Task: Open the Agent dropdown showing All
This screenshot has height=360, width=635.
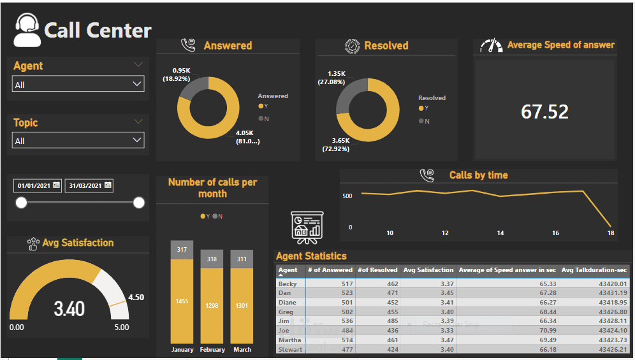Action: click(x=78, y=84)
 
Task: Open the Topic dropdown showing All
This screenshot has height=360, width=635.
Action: click(x=78, y=140)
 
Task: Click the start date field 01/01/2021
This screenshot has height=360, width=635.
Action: click(x=38, y=186)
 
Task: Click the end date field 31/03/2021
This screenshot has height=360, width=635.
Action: click(x=89, y=186)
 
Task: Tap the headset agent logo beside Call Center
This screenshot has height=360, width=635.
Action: click(x=27, y=30)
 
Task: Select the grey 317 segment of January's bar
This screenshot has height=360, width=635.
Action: click(x=182, y=250)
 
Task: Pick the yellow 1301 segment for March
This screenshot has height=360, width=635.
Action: click(x=242, y=306)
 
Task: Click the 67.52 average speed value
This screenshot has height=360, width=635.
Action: click(x=544, y=112)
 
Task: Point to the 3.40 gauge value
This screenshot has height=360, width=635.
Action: click(x=69, y=309)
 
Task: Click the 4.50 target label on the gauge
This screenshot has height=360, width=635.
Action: click(x=136, y=298)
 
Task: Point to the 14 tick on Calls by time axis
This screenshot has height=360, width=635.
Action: click(x=500, y=233)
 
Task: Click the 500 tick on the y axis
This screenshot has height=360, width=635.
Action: click(x=346, y=196)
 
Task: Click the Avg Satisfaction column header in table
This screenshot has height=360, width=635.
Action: click(x=428, y=270)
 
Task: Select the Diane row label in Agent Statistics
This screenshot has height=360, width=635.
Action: click(x=288, y=303)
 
